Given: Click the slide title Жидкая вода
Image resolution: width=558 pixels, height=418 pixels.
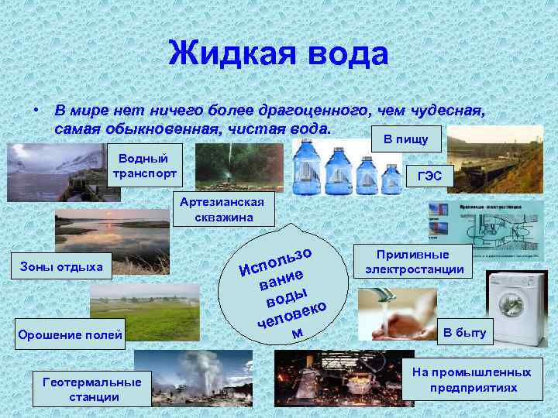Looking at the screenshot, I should click(x=278, y=53).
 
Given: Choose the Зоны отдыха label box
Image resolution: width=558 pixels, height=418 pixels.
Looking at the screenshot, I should click(x=67, y=267).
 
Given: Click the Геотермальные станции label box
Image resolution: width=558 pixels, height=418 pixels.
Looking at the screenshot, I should click(x=92, y=389).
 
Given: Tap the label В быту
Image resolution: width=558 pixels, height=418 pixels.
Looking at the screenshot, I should click(x=465, y=333).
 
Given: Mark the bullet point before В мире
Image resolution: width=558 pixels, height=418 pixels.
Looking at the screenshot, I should click(x=36, y=111).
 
